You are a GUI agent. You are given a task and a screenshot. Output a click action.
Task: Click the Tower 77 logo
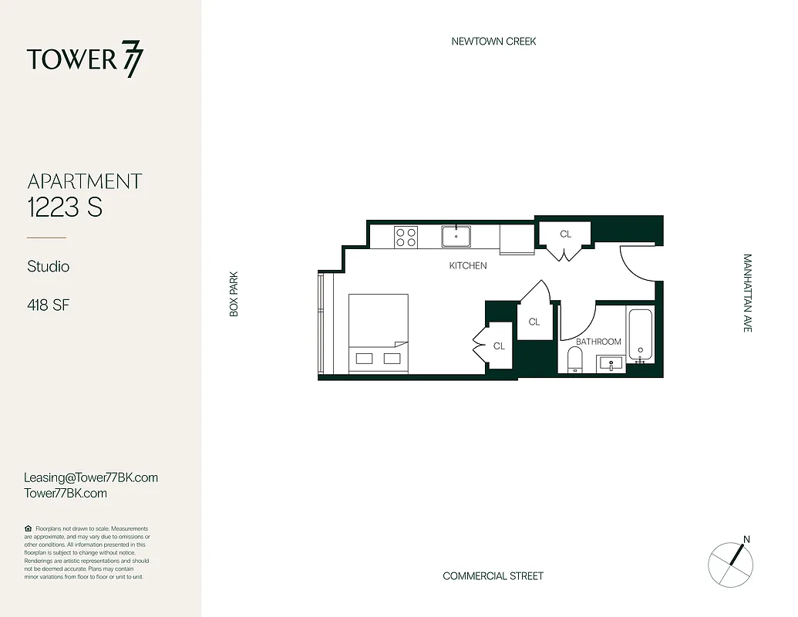tap(85, 60)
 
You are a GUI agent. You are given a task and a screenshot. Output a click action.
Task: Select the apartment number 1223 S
tap(65, 207)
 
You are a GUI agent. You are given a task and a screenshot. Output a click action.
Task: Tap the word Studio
tap(49, 266)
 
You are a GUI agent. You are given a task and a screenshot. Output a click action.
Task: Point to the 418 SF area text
tap(49, 305)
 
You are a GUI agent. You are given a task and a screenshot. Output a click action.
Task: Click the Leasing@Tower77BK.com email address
tap(91, 477)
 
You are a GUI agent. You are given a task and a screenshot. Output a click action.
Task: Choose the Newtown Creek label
tap(493, 41)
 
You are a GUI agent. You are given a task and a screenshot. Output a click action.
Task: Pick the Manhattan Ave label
tap(747, 293)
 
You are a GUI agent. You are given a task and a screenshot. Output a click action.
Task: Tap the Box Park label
tap(234, 293)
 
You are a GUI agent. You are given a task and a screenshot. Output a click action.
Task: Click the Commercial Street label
tap(493, 576)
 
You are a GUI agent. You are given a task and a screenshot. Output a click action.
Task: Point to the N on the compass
tap(746, 539)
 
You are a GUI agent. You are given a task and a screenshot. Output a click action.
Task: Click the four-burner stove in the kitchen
tap(406, 236)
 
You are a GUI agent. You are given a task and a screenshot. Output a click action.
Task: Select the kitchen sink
tap(456, 235)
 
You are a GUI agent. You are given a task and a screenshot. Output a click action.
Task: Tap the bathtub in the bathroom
tap(641, 335)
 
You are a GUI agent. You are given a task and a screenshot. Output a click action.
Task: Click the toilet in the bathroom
tap(574, 359)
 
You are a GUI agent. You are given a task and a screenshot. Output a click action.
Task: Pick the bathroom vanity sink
tap(611, 363)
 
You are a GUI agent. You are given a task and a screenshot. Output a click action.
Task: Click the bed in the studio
tap(378, 333)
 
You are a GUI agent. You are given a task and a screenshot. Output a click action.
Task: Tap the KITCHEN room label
tap(468, 265)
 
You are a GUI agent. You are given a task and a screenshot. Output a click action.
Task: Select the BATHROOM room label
tap(598, 342)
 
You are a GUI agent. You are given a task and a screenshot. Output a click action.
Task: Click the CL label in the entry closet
tap(565, 234)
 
